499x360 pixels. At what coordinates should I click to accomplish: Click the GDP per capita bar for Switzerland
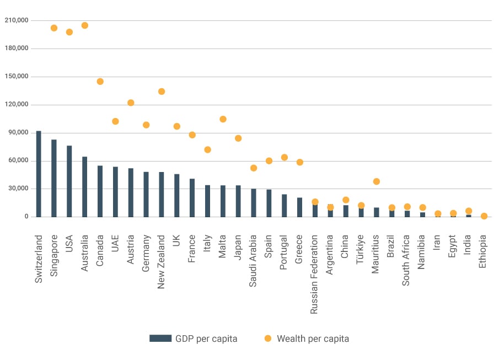[39, 174]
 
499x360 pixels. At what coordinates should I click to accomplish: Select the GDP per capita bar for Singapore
[54, 178]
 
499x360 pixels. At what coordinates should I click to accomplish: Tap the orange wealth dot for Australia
[85, 25]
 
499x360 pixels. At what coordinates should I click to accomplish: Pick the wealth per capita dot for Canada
[100, 82]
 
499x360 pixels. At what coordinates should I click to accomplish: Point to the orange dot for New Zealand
[162, 92]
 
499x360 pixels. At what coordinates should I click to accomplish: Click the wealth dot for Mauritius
[377, 181]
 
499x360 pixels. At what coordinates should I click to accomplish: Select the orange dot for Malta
[223, 119]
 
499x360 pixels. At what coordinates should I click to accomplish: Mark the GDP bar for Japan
[238, 201]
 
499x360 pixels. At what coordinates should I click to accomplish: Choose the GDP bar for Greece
[300, 207]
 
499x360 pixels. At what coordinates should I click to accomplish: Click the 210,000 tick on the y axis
[16, 20]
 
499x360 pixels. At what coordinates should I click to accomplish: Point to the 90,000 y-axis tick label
[18, 133]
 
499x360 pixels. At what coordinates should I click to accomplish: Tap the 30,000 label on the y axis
[18, 189]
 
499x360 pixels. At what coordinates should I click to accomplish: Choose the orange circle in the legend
[268, 338]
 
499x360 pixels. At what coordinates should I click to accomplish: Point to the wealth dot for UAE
[115, 121]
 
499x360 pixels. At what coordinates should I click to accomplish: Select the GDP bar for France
[192, 198]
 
